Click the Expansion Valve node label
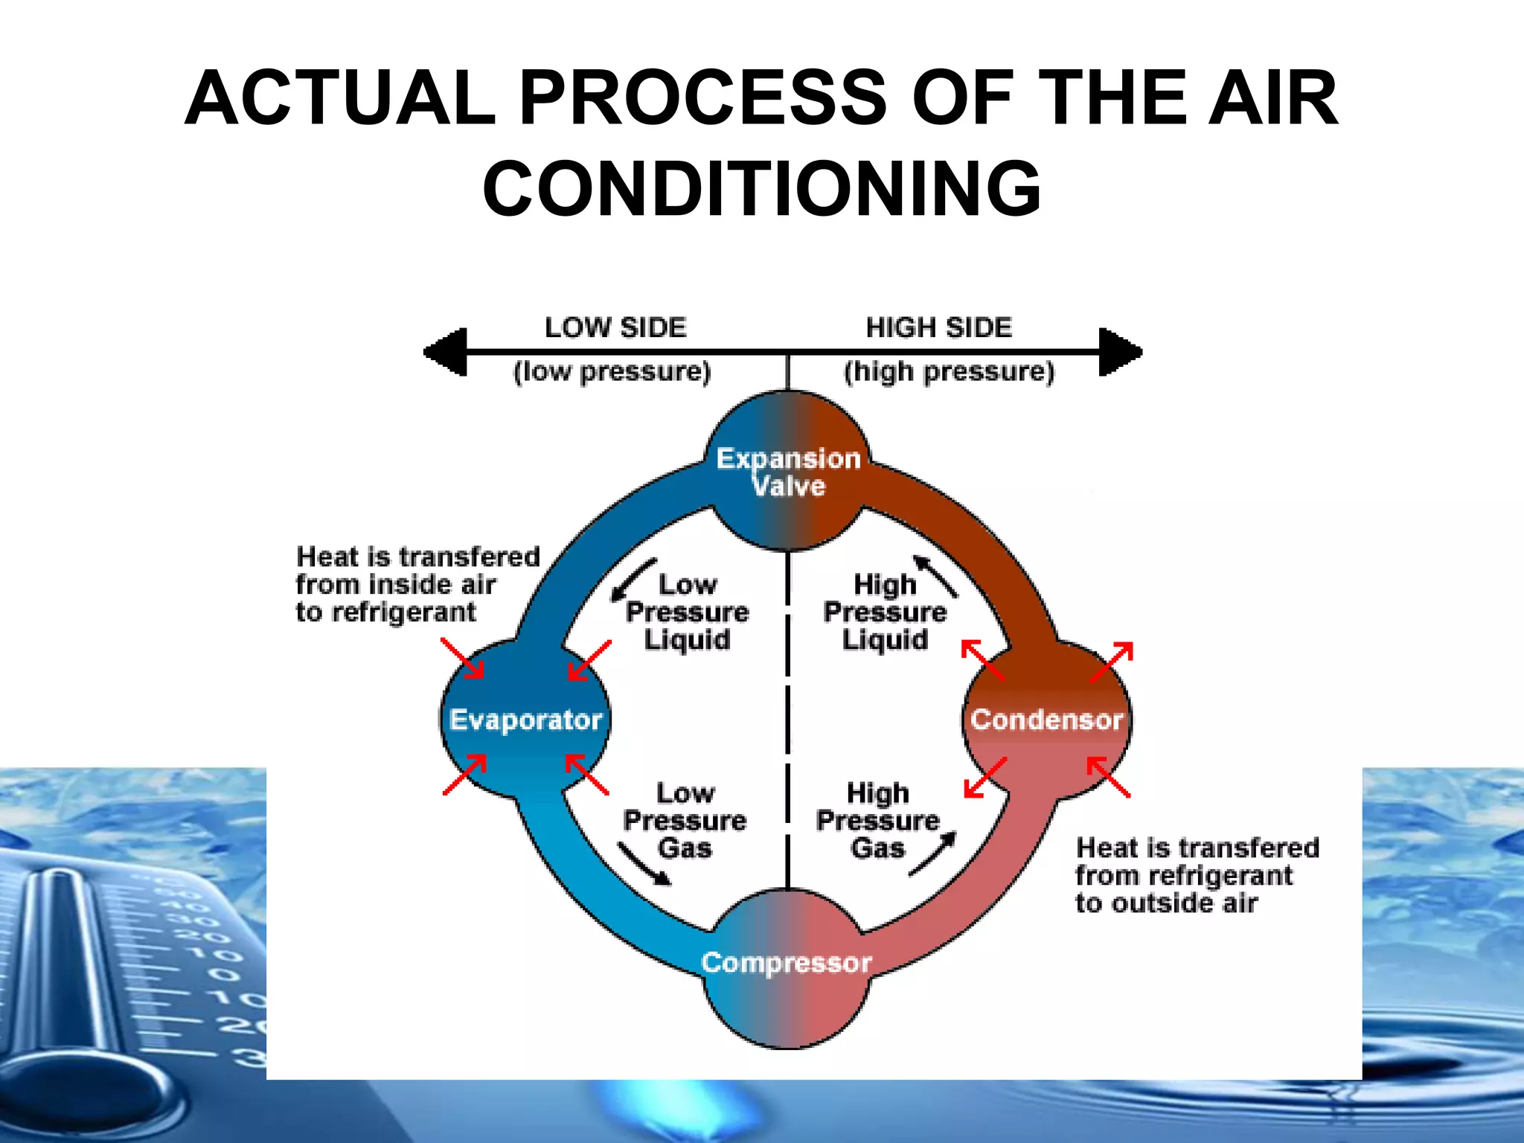click(x=788, y=472)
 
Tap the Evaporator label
click(x=525, y=720)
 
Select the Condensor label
click(x=1046, y=720)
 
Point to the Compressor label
click(x=787, y=962)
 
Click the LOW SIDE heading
click(x=615, y=327)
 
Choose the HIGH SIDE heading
click(x=939, y=327)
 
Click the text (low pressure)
click(x=612, y=371)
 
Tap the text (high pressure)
click(x=949, y=371)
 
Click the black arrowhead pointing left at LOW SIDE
click(x=446, y=351)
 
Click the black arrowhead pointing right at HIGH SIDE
click(x=1120, y=351)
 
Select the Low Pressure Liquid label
click(x=687, y=612)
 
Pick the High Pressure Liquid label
click(x=885, y=612)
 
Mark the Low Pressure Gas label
click(x=685, y=820)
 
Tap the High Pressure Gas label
click(x=878, y=820)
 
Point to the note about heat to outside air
click(x=1197, y=875)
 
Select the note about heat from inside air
click(x=417, y=584)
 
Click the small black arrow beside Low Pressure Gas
click(x=644, y=864)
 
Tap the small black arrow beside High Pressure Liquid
click(x=936, y=577)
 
